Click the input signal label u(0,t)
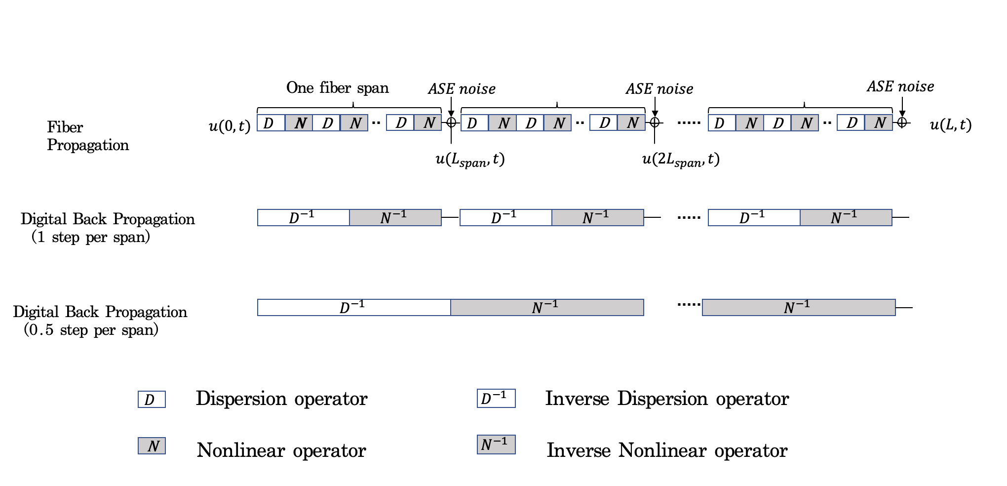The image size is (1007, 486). pyautogui.click(x=230, y=126)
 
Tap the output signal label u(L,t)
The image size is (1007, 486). pyautogui.click(x=950, y=125)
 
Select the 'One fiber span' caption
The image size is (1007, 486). pyautogui.click(x=337, y=88)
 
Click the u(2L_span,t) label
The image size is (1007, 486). pyautogui.click(x=680, y=160)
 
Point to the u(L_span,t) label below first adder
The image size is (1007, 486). pyautogui.click(x=470, y=160)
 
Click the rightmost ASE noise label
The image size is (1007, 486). pyautogui.click(x=900, y=86)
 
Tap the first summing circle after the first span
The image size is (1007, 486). pyautogui.click(x=451, y=122)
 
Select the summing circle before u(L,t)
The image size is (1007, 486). pyautogui.click(x=902, y=122)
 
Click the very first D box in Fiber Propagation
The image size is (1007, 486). pyautogui.click(x=271, y=122)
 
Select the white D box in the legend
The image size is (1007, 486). pyautogui.click(x=151, y=399)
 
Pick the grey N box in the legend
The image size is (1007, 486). pyautogui.click(x=151, y=445)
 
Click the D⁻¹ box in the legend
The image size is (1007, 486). pyautogui.click(x=496, y=398)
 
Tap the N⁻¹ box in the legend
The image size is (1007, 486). pyautogui.click(x=496, y=445)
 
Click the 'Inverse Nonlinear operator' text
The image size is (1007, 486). pyautogui.click(x=666, y=450)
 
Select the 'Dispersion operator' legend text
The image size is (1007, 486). pyautogui.click(x=281, y=399)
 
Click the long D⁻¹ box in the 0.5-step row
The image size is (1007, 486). pyautogui.click(x=353, y=307)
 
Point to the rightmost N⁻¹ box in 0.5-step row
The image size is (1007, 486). pyautogui.click(x=798, y=307)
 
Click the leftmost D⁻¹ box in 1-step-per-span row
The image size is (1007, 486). pyautogui.click(x=303, y=217)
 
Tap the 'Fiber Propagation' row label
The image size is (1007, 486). pyautogui.click(x=87, y=136)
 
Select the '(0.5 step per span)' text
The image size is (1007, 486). pyautogui.click(x=91, y=329)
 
